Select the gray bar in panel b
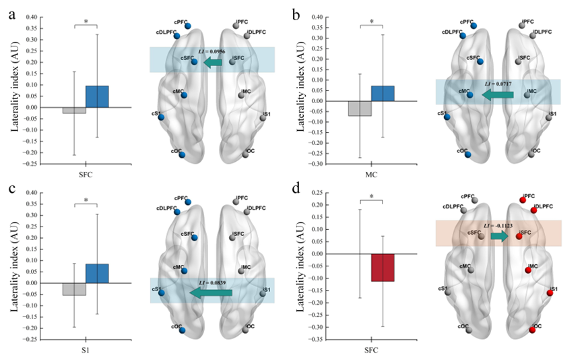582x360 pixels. pos(360,109)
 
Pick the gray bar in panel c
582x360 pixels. pos(74,289)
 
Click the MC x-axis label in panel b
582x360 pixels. pos(371,175)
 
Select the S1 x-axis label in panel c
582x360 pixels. pos(86,351)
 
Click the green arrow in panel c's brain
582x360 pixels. pos(210,293)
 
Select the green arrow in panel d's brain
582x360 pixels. pos(499,237)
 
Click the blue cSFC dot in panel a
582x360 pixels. pos(194,62)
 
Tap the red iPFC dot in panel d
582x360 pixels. pos(523,199)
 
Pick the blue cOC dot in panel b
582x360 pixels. pos(467,154)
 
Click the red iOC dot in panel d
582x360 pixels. pos(532,330)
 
